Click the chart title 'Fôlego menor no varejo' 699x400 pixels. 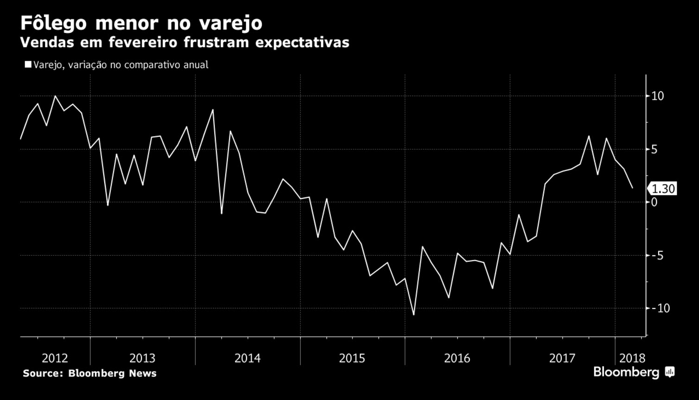[141, 23]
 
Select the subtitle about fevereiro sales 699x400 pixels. [184, 43]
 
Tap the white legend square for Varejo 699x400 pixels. [28, 65]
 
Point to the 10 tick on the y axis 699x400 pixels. [657, 96]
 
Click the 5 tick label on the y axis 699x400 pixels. [654, 149]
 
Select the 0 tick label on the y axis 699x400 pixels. [654, 202]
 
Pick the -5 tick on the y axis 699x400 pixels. [657, 255]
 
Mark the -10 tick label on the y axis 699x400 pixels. [660, 308]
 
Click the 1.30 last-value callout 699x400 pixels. [663, 189]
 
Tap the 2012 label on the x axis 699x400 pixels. [55, 358]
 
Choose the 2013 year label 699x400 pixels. [142, 358]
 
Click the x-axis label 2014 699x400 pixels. [248, 358]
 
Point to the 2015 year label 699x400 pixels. [352, 358]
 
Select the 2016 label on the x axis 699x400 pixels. [457, 358]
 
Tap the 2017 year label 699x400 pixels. [562, 358]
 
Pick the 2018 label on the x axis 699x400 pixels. [632, 358]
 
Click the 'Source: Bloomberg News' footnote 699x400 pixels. [89, 373]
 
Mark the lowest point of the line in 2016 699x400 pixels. [413, 315]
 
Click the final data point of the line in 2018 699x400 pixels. [632, 188]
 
